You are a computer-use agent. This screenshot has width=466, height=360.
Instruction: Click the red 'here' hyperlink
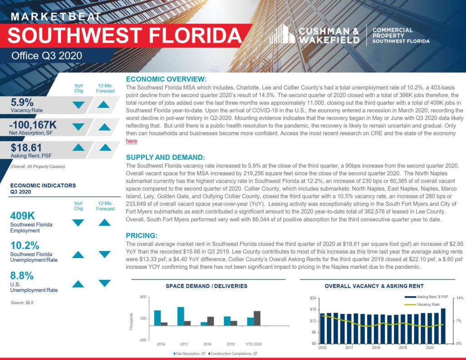tap(132, 141)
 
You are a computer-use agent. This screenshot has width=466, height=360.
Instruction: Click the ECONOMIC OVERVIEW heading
tap(166, 79)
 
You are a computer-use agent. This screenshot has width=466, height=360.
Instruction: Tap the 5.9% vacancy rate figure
tap(22, 102)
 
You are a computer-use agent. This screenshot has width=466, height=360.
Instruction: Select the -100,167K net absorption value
tap(33, 125)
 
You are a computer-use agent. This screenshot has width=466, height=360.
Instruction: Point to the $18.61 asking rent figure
tap(26, 148)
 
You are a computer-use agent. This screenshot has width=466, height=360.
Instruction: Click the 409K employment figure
tap(23, 216)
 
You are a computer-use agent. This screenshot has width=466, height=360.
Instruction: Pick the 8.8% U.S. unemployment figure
tap(22, 275)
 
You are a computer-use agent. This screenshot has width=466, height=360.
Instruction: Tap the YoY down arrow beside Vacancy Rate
tap(78, 105)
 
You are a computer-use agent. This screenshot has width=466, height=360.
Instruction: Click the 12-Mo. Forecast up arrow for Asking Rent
tap(106, 147)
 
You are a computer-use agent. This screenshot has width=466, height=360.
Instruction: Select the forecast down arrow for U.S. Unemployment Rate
tap(105, 283)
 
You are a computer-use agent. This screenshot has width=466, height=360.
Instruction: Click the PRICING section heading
tap(142, 235)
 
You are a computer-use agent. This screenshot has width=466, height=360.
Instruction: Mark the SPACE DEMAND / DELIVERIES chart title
tap(207, 286)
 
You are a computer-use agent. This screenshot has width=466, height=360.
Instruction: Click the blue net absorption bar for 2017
tap(181, 316)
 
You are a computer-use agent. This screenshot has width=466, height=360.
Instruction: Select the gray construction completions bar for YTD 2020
tap(257, 319)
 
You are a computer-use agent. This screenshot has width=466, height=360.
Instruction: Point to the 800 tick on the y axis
tap(143, 297)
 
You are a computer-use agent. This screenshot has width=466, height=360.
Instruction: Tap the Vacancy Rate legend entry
tap(422, 304)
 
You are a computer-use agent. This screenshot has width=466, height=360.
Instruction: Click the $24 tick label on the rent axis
tap(313, 298)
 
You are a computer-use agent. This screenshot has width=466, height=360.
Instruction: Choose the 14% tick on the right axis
tap(460, 298)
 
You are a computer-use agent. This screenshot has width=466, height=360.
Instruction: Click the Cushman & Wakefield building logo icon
tap(282, 34)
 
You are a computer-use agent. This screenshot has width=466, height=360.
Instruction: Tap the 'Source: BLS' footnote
tap(22, 303)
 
